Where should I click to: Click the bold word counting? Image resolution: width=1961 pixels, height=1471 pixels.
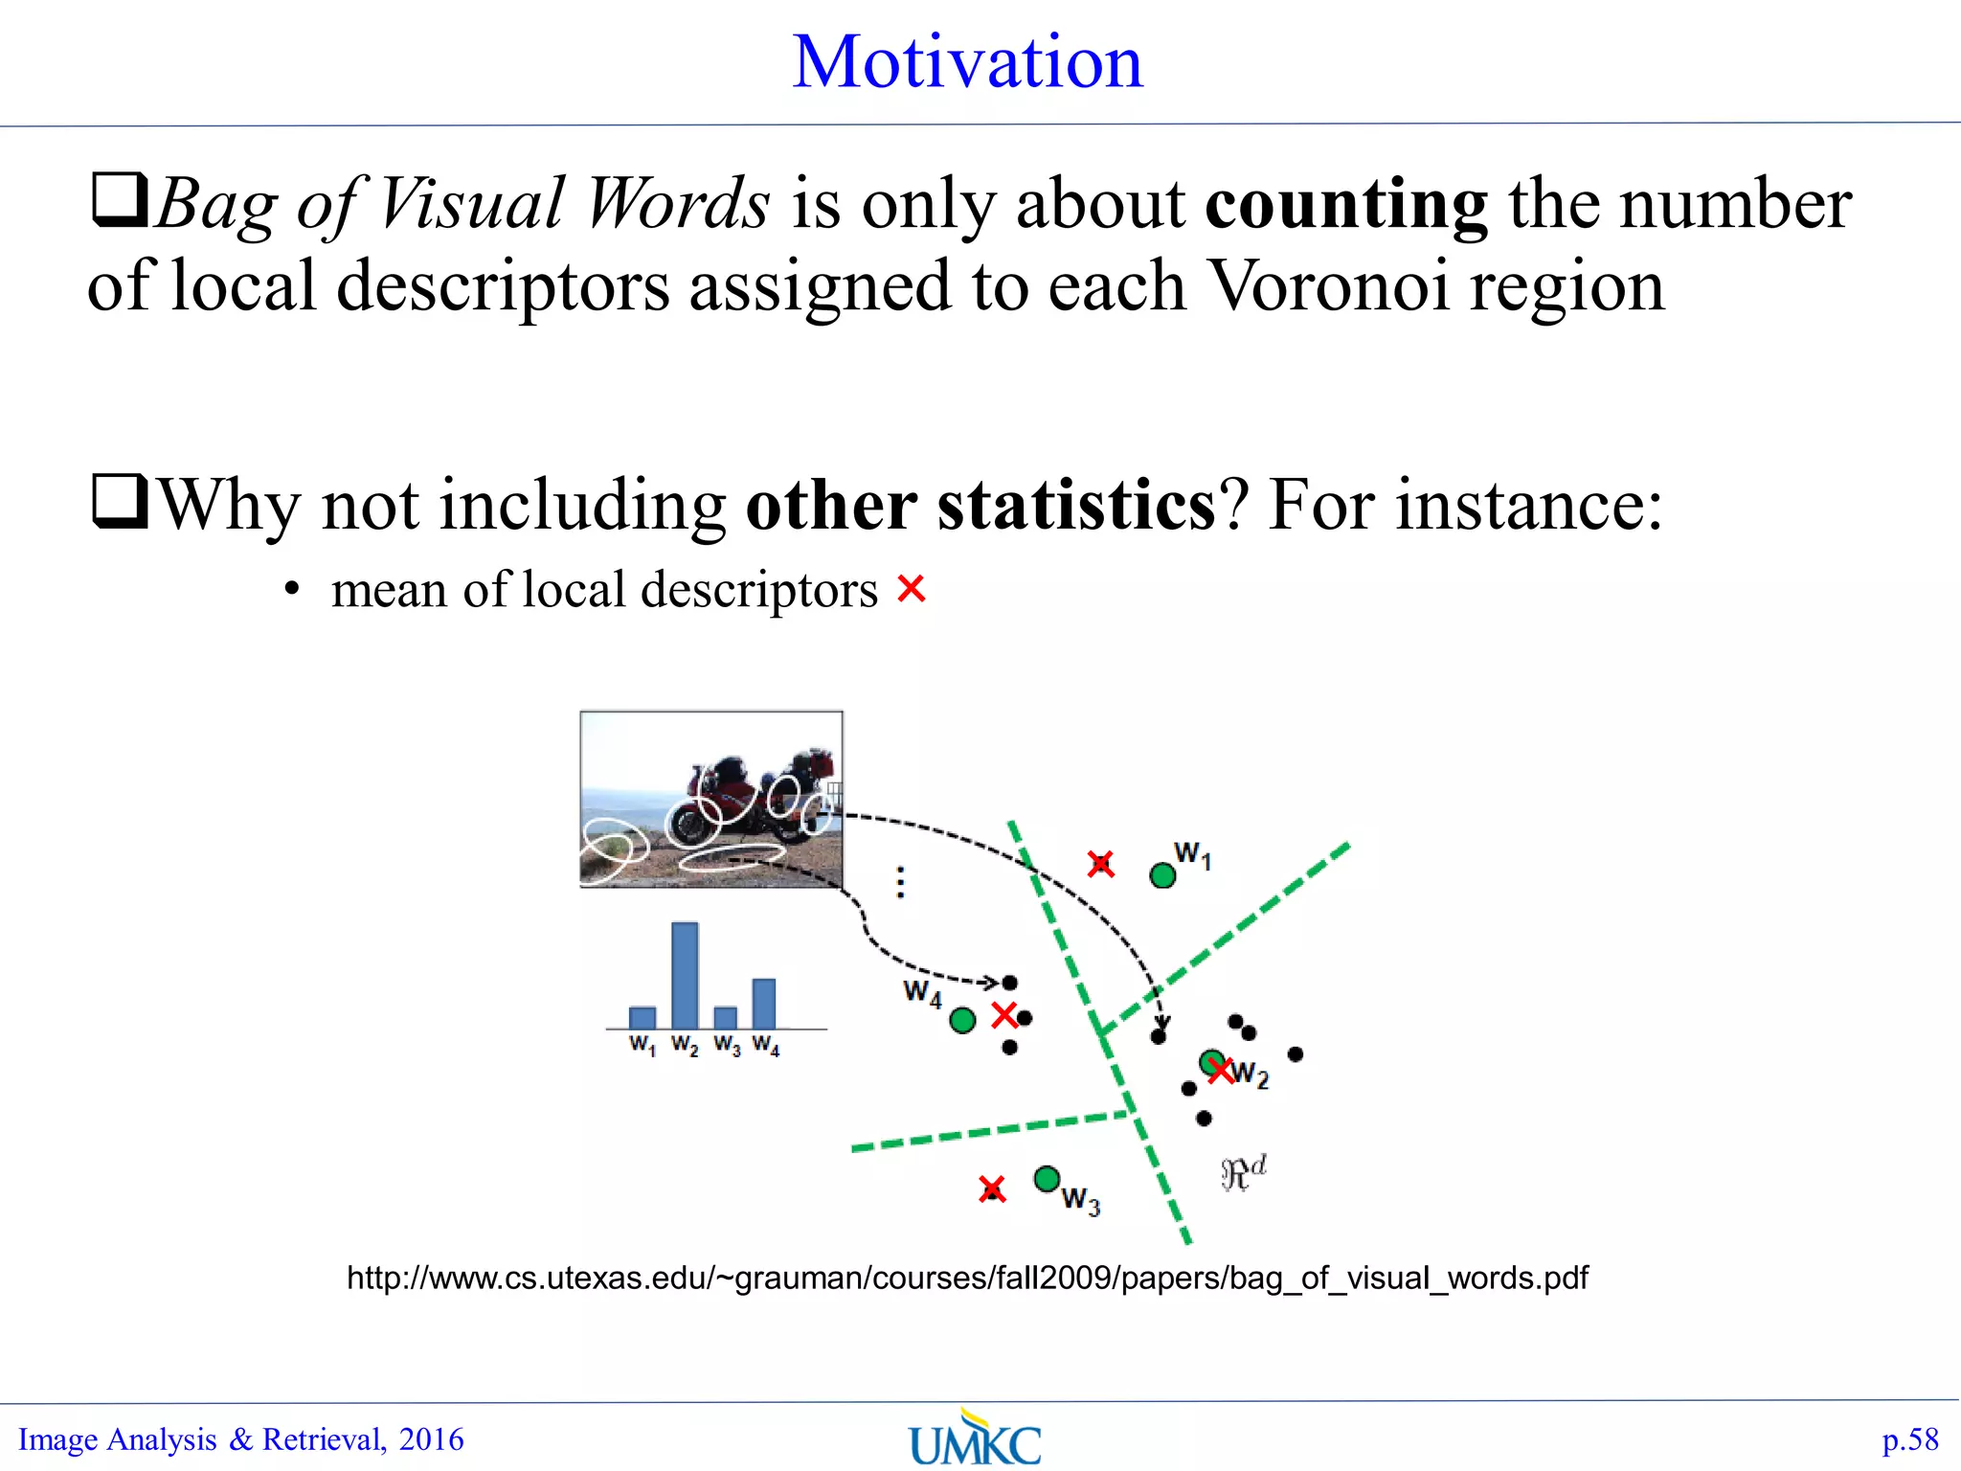(1345, 204)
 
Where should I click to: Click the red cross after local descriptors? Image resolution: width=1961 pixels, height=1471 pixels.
(911, 588)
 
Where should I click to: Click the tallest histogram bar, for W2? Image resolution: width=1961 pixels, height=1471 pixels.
(685, 975)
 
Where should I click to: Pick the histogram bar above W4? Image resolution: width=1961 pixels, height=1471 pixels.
(764, 1003)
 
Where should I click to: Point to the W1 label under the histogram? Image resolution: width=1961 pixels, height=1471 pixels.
(642, 1045)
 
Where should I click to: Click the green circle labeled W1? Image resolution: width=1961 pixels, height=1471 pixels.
(1162, 875)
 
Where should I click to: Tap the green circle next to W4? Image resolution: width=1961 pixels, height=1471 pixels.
(962, 1021)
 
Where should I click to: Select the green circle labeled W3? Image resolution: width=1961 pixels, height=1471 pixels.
(1047, 1178)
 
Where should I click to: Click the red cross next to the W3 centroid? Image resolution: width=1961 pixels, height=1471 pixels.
(992, 1189)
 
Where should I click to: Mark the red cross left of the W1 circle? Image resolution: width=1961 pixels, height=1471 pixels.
(1101, 864)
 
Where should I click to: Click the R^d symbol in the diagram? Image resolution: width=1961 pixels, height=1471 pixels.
(1243, 1172)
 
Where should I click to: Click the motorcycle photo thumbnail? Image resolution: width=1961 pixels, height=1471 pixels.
(710, 799)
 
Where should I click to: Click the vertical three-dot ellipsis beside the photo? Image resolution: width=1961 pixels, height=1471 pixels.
(900, 882)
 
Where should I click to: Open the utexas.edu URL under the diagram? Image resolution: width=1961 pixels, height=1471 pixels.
(967, 1278)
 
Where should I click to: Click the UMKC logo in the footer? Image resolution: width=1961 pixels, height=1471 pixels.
(975, 1439)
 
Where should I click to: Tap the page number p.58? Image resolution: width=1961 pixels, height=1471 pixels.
(1909, 1439)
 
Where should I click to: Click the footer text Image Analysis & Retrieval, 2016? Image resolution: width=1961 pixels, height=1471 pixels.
(241, 1439)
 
